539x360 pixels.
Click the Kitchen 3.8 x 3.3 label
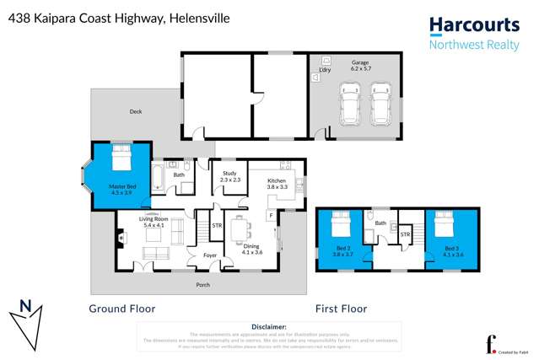click(278, 184)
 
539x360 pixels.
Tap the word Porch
click(202, 285)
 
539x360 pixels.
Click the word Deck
click(136, 111)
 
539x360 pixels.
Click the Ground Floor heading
click(122, 309)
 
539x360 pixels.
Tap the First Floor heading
click(342, 309)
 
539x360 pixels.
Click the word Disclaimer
click(269, 326)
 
